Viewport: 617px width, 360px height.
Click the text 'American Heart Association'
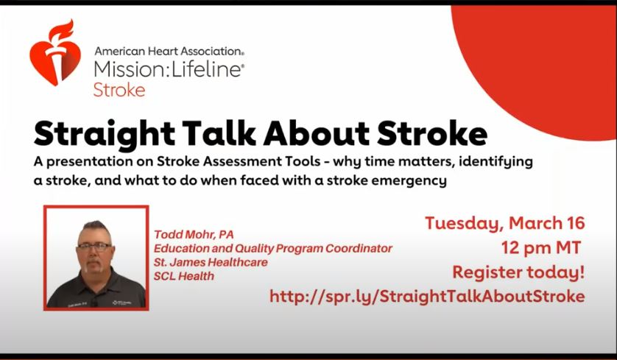coord(169,52)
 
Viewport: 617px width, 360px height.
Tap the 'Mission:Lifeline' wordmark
coord(169,70)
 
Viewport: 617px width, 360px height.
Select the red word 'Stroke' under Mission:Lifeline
coord(119,90)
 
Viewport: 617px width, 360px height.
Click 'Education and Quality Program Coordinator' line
coord(272,248)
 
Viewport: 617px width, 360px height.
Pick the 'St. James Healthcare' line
coord(211,262)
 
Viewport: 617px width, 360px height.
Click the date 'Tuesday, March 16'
coord(504,223)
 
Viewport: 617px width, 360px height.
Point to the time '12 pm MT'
coord(541,247)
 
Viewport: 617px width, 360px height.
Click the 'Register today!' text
coord(518,272)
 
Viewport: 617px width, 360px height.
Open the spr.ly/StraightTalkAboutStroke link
coord(427,296)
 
